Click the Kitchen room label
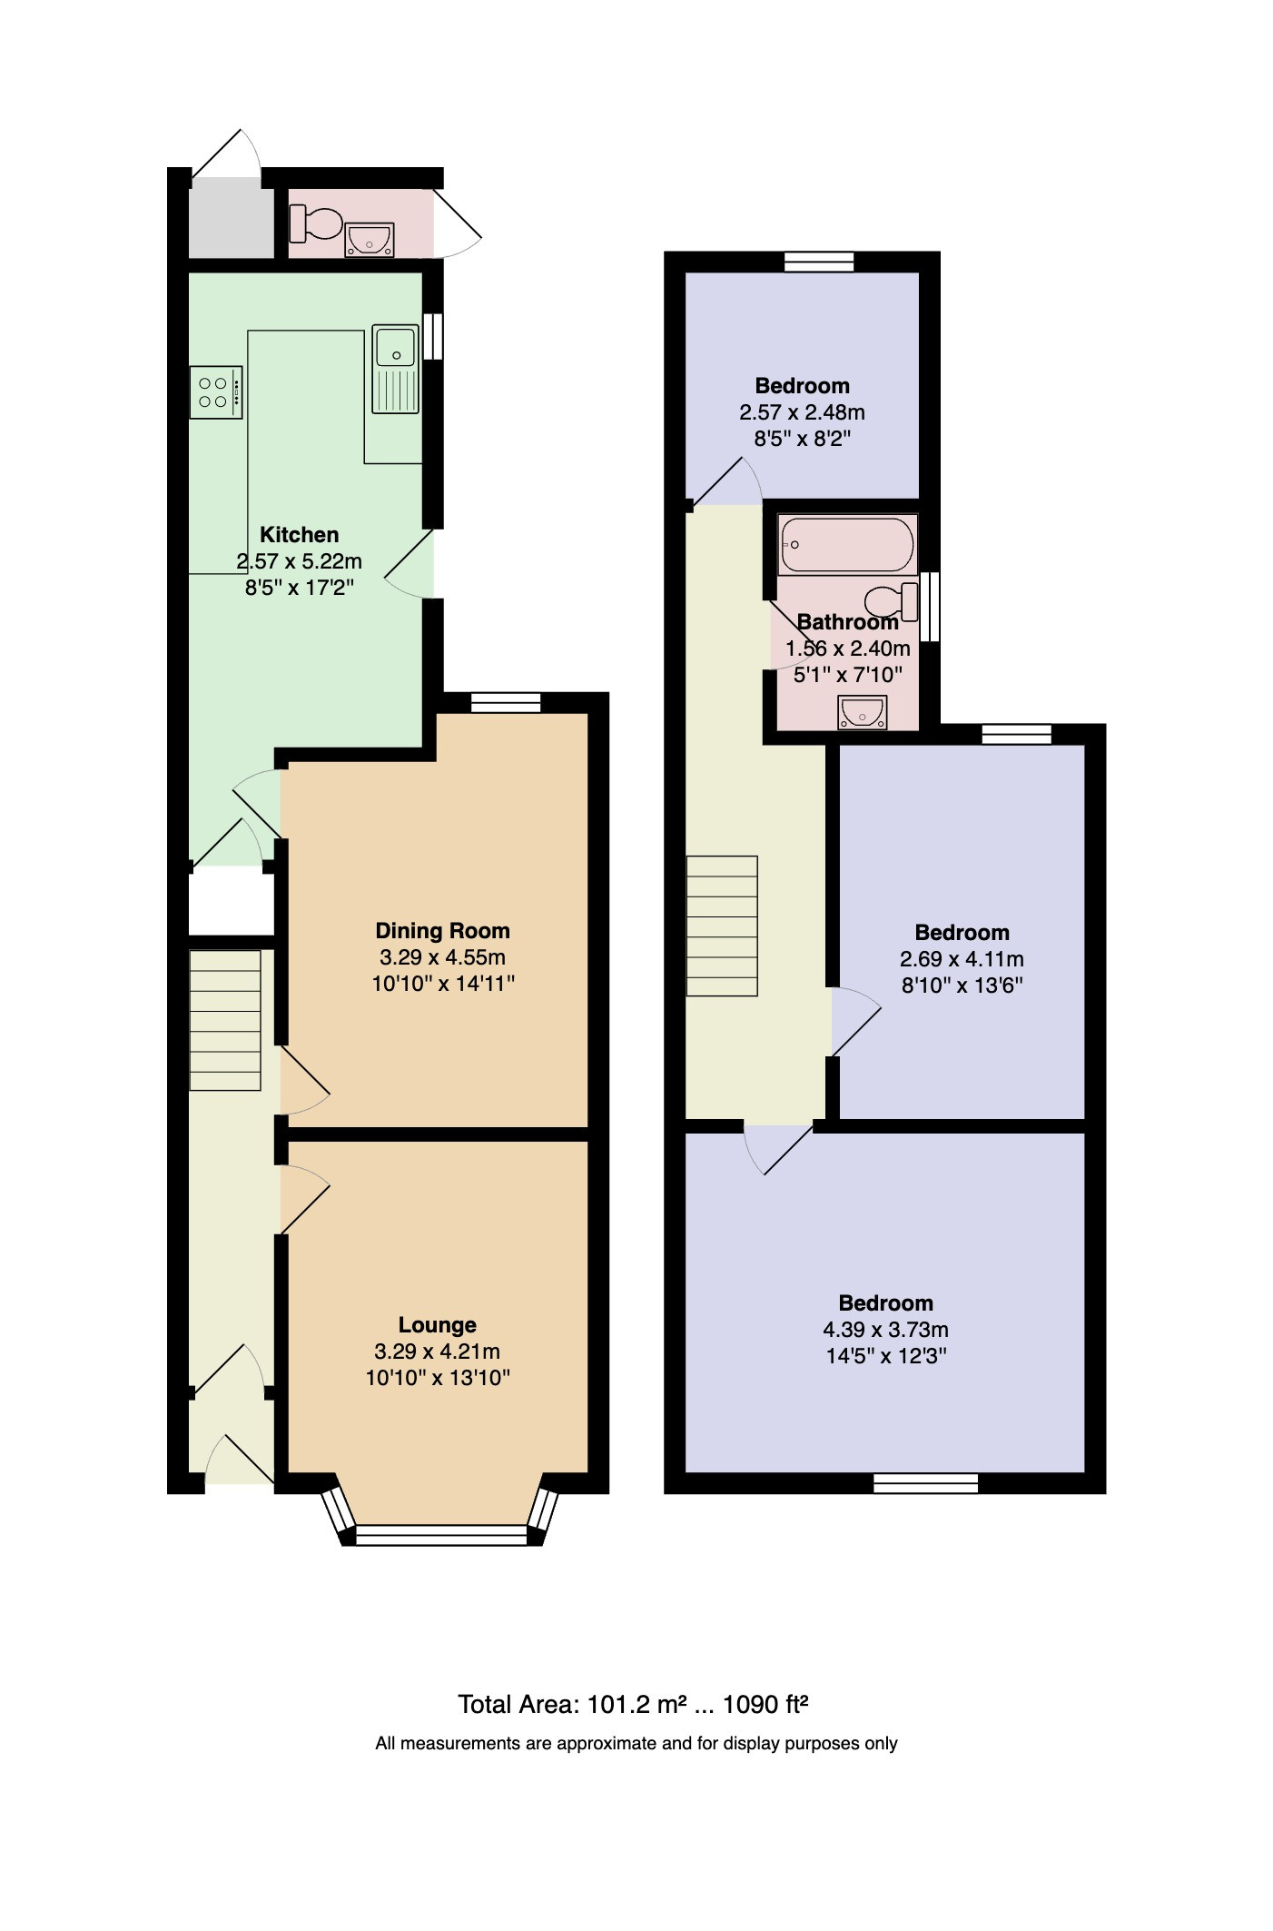[299, 534]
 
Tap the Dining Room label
[442, 930]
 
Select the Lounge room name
[437, 1325]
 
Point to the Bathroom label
[847, 622]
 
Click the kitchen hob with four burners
[216, 392]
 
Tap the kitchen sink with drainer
[396, 370]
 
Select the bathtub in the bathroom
[847, 545]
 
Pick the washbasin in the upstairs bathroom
[862, 712]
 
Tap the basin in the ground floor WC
[370, 239]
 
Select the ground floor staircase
[225, 1020]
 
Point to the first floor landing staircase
[722, 926]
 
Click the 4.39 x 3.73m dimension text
[885, 1330]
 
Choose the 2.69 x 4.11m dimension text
[962, 959]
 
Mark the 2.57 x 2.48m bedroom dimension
[802, 412]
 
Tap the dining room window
[506, 702]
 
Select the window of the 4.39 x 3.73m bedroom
[926, 1483]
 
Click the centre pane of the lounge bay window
[441, 1535]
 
